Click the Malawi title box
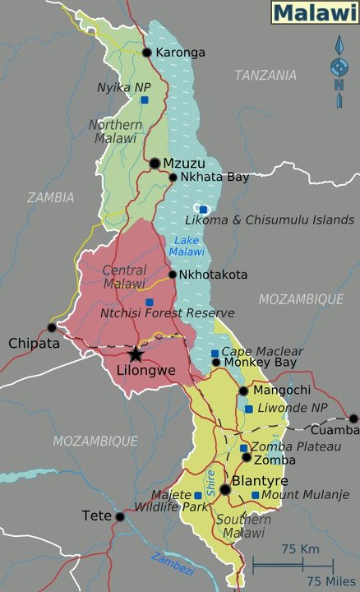(x=313, y=12)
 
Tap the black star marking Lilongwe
(x=136, y=354)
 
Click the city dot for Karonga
(x=147, y=53)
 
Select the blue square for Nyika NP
(x=144, y=100)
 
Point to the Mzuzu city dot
(x=155, y=164)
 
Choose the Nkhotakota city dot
(x=173, y=275)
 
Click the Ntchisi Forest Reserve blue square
(x=149, y=302)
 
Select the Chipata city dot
(x=52, y=327)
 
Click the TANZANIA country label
(x=265, y=76)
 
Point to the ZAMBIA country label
(x=50, y=197)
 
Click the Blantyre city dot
(x=225, y=489)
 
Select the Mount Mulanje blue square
(x=255, y=495)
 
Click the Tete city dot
(x=120, y=516)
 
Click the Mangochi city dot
(x=243, y=391)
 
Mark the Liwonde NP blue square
(x=248, y=409)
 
